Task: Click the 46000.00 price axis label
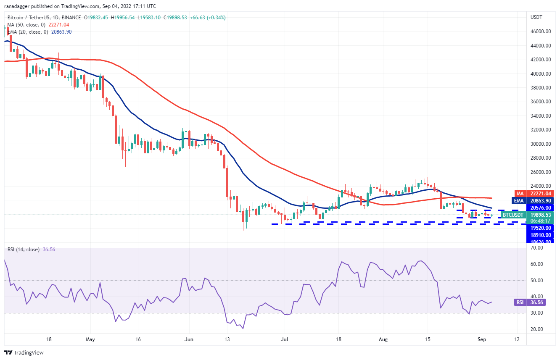541,32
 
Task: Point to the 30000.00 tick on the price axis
541,144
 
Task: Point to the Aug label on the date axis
381,339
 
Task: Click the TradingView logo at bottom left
24,352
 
